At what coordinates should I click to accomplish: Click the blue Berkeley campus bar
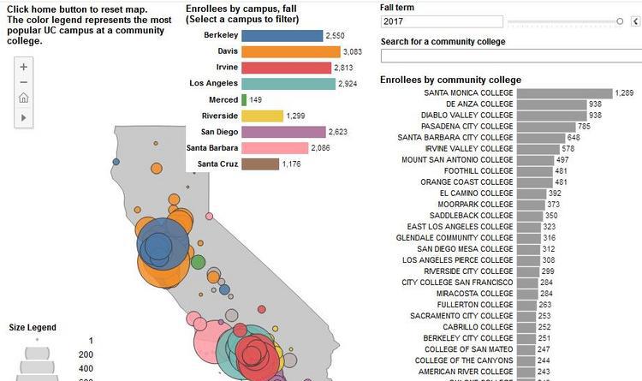(282, 36)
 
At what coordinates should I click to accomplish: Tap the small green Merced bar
(244, 99)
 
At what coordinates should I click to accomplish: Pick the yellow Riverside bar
(262, 116)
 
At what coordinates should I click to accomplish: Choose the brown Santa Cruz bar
(260, 164)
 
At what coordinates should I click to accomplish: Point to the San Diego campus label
(219, 132)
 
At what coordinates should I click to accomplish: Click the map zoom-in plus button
(24, 66)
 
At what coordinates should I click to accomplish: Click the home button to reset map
(24, 98)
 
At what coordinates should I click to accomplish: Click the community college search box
(509, 56)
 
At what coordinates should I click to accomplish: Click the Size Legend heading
(33, 327)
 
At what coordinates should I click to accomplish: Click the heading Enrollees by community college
(450, 80)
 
